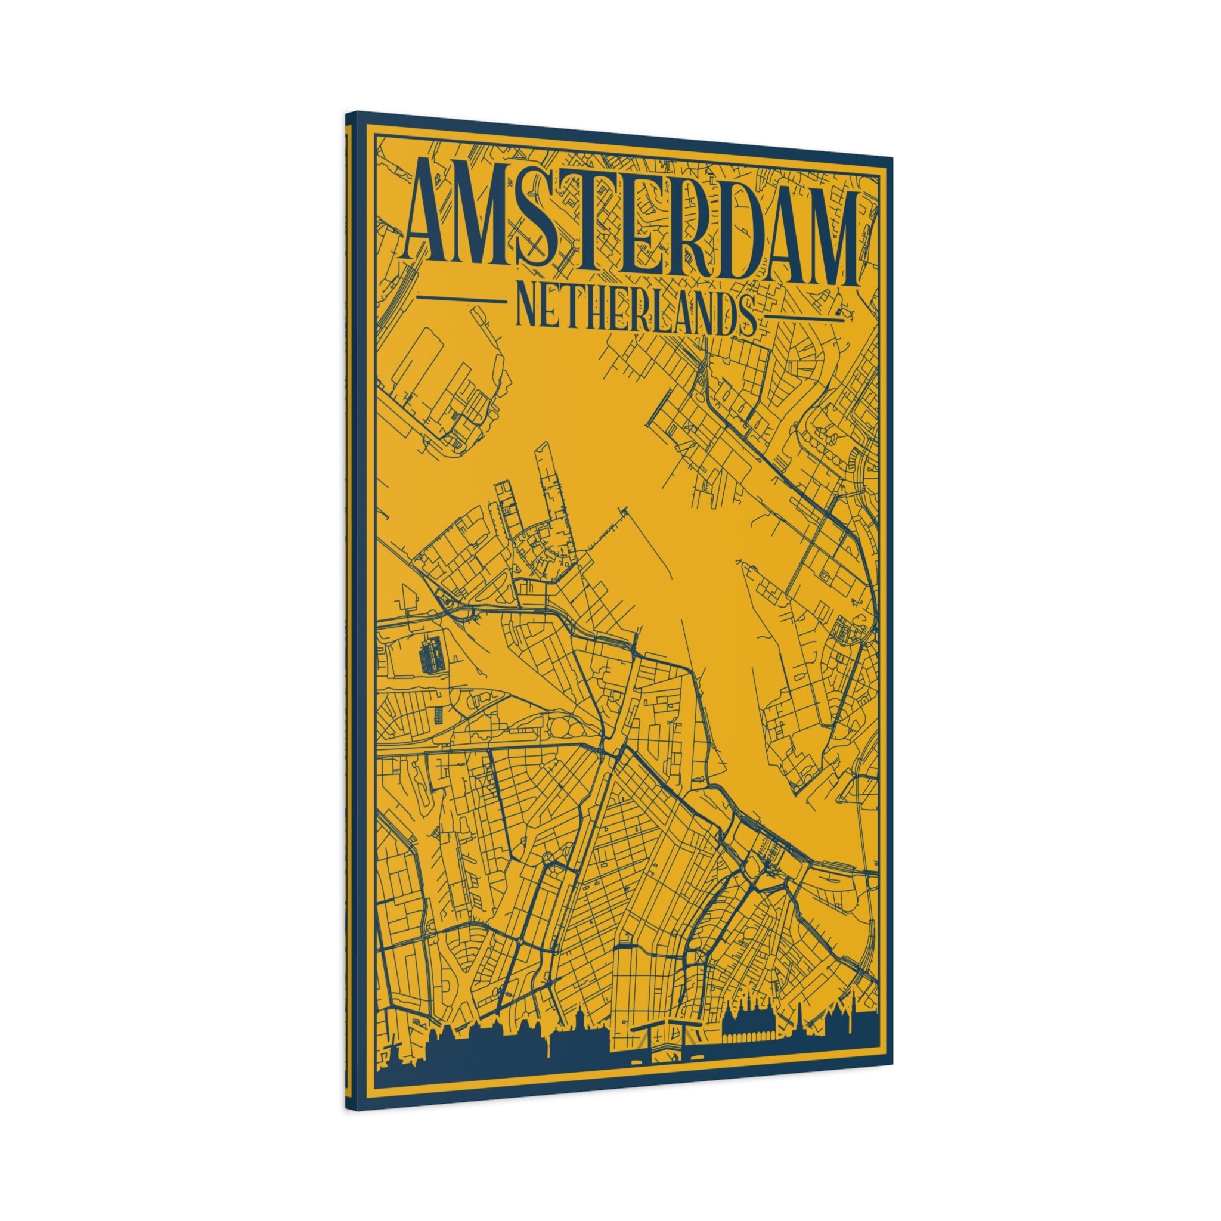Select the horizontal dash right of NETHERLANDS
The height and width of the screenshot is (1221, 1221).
tap(804, 316)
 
